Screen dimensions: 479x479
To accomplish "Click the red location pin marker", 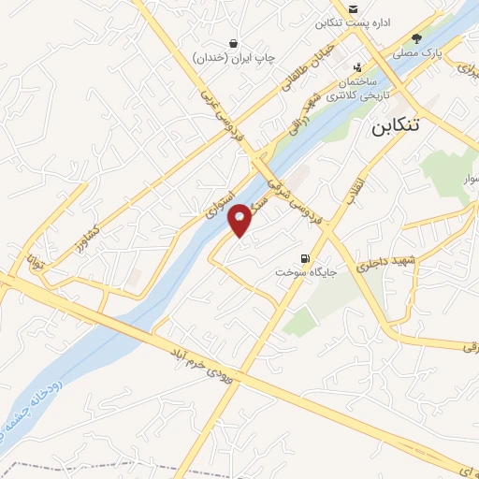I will click(x=240, y=219).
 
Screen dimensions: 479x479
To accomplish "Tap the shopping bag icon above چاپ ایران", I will click(x=233, y=43).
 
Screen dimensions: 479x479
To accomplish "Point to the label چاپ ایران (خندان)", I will click(x=235, y=58).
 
